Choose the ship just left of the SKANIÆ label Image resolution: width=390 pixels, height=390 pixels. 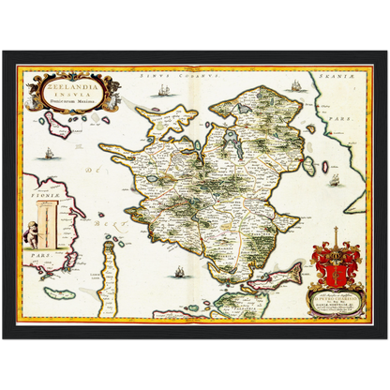coord(297,85)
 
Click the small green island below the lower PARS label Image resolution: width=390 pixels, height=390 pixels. coord(60,292)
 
